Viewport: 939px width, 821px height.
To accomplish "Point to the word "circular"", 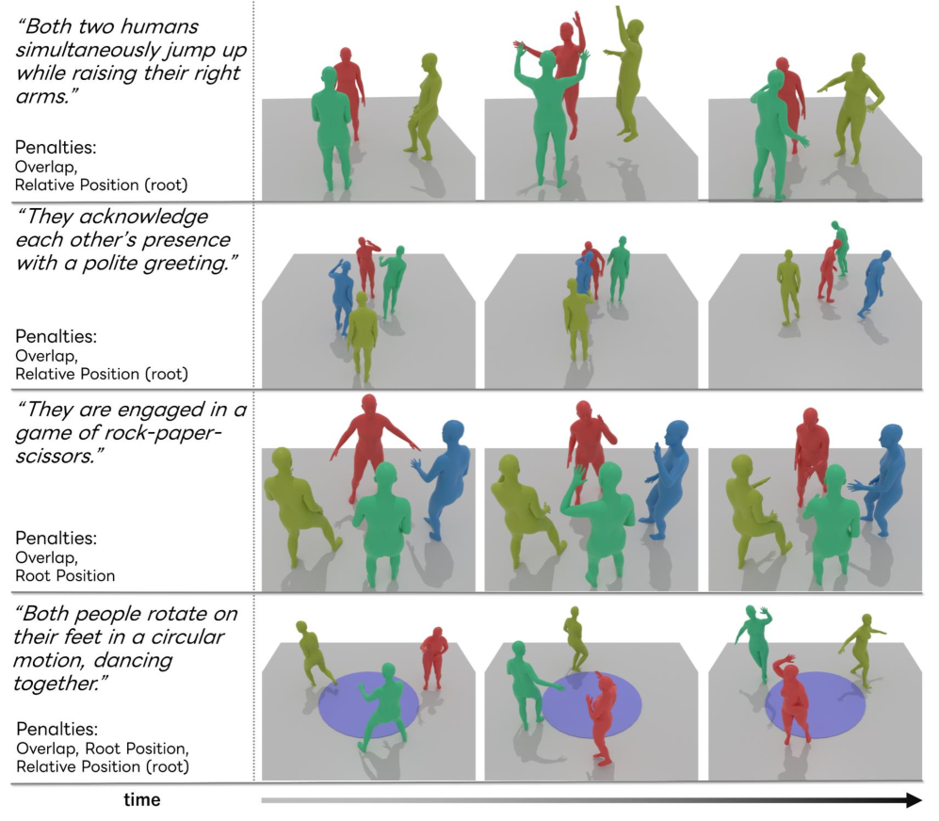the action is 189,636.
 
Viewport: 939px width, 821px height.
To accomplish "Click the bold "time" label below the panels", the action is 142,800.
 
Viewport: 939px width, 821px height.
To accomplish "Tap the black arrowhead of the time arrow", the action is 914,800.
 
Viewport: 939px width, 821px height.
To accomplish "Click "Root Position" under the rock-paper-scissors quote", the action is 65,575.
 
